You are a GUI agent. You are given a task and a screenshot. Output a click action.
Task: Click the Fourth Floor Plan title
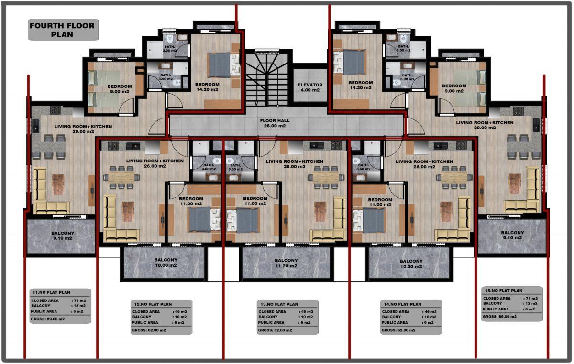point(62,30)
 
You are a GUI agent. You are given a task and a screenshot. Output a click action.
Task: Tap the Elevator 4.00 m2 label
point(310,87)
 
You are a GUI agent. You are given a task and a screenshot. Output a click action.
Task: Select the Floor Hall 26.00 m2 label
point(275,123)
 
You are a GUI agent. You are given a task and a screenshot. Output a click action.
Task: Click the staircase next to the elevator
point(267,79)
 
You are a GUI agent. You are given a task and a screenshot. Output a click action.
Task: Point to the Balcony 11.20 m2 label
point(286,263)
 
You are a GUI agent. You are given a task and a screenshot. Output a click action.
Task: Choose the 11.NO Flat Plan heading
point(51,292)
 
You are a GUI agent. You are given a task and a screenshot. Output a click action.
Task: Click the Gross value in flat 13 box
point(275,330)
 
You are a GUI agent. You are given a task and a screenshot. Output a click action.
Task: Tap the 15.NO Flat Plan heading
point(504,291)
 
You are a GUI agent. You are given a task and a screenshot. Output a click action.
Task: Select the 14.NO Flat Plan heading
point(403,304)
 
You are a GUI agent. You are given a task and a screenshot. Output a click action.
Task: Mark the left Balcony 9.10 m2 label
point(63,236)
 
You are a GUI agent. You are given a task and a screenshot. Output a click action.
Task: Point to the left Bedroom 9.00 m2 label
point(120,89)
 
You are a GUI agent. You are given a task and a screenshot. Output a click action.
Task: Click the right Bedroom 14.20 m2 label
point(361,85)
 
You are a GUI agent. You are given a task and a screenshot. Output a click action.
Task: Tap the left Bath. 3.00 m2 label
point(170,49)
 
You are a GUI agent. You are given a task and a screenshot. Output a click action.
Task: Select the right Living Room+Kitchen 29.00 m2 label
point(485,125)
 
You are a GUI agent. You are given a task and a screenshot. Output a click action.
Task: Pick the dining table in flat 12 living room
point(121,177)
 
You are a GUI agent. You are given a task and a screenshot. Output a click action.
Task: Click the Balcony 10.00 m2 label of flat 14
point(411,264)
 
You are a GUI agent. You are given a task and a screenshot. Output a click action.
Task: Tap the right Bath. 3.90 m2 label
point(407,77)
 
